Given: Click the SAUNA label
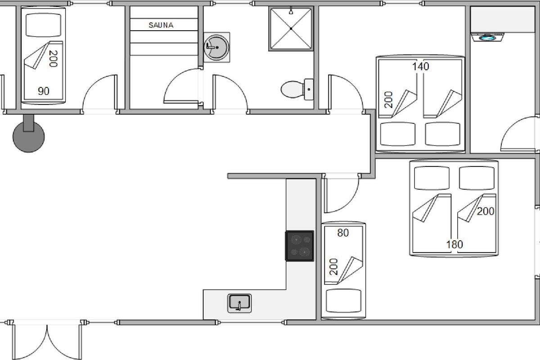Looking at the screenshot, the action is pos(161,25).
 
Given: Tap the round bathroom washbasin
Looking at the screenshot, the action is pos(216,47).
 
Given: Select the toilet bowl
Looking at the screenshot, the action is pos(292,89).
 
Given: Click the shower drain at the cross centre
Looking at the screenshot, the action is pos(291,29).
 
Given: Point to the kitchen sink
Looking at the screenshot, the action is pos(239,303).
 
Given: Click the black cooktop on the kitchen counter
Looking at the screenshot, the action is pos(300,246).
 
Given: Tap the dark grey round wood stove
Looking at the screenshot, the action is pos(28,136).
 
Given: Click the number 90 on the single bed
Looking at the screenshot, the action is pos(43,91).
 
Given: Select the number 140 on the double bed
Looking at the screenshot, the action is pos(420,66).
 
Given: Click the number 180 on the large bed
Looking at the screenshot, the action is pos(454,244).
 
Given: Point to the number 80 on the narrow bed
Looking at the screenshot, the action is pos(343,233).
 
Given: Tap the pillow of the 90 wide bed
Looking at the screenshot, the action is pos(43,25).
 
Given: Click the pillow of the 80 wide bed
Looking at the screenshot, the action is pos(343,301).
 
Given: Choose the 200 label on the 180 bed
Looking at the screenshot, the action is pos(486,211).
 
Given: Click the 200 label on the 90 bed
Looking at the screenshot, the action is pos(53,58).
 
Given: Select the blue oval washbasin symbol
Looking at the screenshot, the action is pos(487,38).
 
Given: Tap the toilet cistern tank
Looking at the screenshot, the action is pos(309,89).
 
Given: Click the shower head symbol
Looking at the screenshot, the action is pos(291,11).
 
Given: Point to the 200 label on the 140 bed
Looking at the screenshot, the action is pos(388,99).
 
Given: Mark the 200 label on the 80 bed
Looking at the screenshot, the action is pos(333,267).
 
